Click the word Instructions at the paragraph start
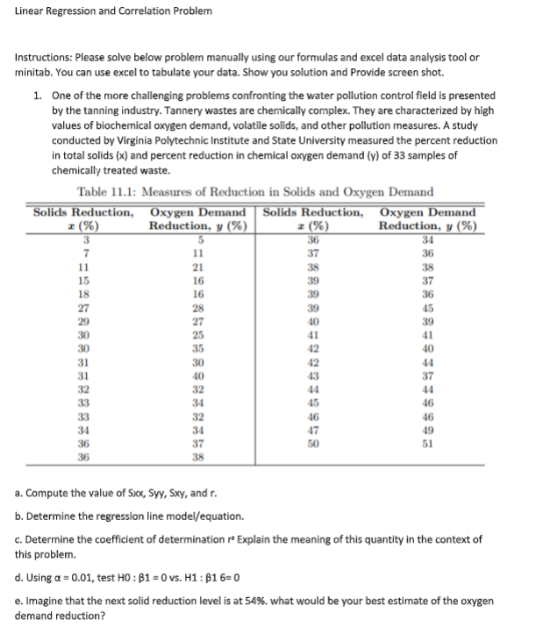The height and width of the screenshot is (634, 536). pos(45,58)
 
